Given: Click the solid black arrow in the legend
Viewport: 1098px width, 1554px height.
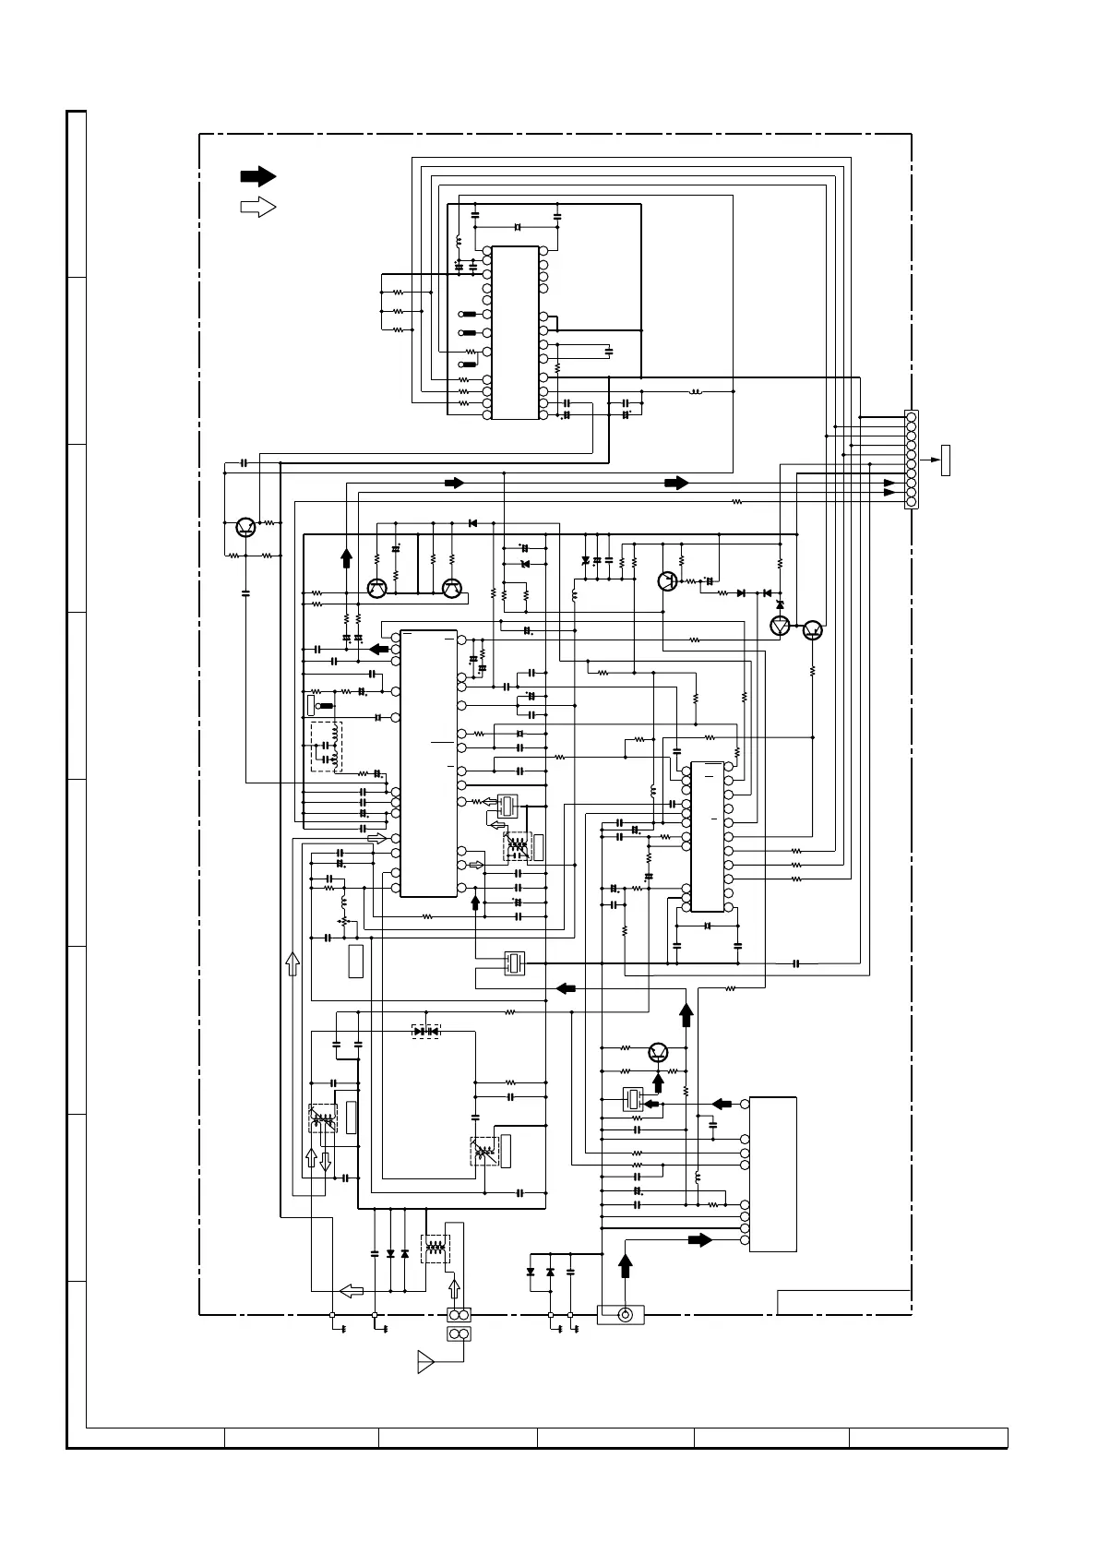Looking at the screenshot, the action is point(257,175).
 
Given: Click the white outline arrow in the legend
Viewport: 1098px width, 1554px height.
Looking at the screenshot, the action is point(257,207).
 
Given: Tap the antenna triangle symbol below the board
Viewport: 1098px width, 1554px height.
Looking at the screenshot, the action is point(425,1361).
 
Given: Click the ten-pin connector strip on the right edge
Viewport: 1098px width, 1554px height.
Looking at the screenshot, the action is point(911,459).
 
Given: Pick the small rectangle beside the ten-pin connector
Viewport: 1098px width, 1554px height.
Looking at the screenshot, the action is point(945,459).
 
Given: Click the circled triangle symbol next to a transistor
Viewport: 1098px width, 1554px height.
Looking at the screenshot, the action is point(781,628).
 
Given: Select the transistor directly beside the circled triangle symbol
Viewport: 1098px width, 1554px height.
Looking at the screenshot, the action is point(811,629).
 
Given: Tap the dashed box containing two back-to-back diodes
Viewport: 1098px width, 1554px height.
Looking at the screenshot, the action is point(425,1031).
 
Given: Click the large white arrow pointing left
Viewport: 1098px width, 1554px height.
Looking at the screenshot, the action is point(351,1290).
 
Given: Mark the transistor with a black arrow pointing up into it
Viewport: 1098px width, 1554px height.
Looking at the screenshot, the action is point(658,1052).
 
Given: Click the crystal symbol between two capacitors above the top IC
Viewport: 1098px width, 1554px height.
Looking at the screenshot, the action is point(517,227).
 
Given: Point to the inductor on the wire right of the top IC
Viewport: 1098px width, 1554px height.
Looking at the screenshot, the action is point(696,391).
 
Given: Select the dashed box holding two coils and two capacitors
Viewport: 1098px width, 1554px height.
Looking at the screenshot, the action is point(327,746).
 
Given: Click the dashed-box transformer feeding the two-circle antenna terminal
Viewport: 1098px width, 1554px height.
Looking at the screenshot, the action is point(433,1248).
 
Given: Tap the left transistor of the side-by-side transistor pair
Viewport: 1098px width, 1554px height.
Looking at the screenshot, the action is point(376,588).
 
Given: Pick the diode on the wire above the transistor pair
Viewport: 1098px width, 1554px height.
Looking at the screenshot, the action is point(472,523).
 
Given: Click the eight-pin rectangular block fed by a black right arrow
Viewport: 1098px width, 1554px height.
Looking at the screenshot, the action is point(772,1174).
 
